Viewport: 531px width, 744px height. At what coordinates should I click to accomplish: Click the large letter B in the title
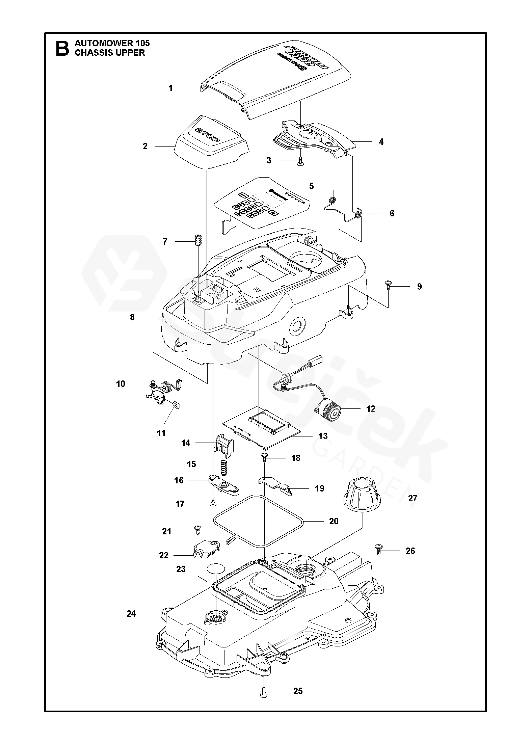click(62, 48)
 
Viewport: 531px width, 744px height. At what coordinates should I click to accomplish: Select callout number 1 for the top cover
click(170, 88)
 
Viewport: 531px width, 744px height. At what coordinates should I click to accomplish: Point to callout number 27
click(413, 498)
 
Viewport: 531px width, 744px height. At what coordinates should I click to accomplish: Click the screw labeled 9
click(388, 286)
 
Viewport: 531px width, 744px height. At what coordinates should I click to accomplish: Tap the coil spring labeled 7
click(198, 241)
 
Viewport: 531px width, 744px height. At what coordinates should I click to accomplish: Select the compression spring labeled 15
click(223, 468)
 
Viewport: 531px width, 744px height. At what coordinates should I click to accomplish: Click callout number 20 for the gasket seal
click(334, 521)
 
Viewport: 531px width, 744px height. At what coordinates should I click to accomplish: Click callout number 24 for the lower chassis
click(131, 614)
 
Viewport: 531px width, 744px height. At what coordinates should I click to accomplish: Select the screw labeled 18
click(264, 458)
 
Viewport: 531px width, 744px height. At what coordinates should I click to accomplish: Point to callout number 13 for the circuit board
click(323, 436)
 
